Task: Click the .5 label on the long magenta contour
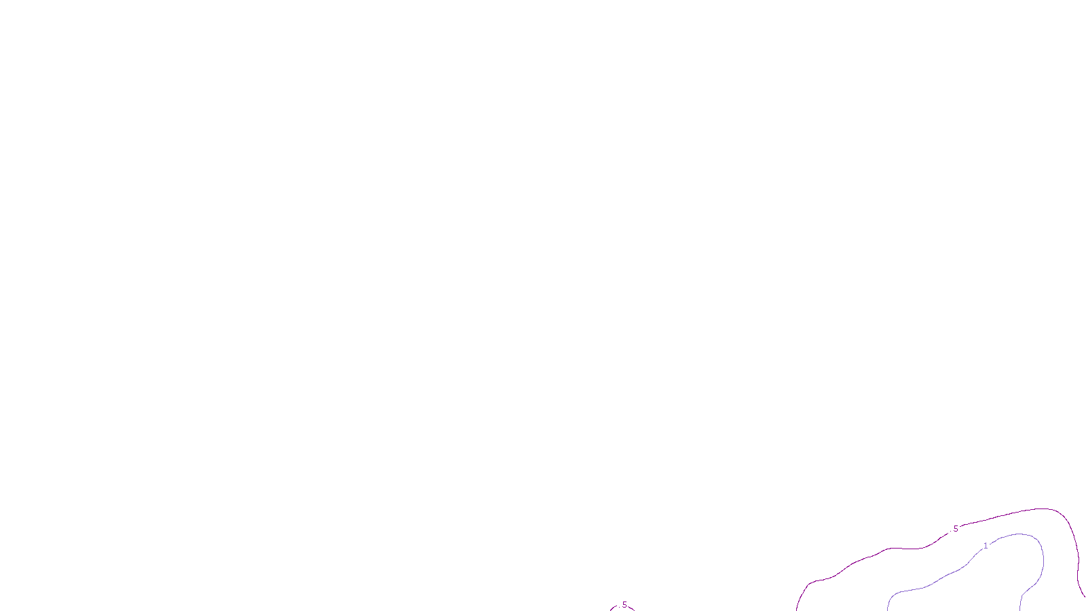coord(955,529)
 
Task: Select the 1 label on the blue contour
coord(986,546)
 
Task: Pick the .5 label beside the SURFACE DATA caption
coord(624,605)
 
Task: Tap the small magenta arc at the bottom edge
coord(614,608)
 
